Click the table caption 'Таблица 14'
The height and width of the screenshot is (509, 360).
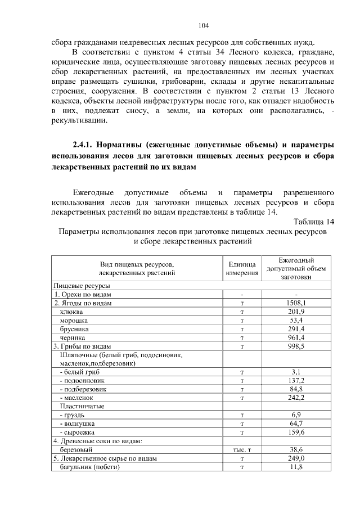click(x=314, y=220)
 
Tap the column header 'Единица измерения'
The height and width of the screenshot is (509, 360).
click(x=242, y=268)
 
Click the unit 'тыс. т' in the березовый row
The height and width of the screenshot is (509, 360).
click(x=242, y=450)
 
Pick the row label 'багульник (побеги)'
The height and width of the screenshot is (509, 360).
click(x=87, y=467)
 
